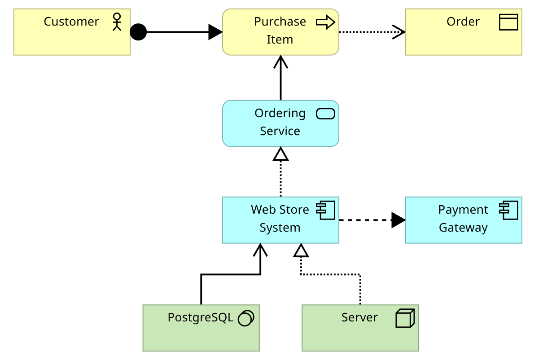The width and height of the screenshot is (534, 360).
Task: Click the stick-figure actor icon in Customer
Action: point(117,22)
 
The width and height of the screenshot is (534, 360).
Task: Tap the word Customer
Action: point(71,22)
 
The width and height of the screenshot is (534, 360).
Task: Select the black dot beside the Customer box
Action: point(138,32)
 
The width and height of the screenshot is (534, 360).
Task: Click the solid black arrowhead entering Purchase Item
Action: point(216,32)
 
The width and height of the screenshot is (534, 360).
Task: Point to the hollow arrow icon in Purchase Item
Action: point(325,22)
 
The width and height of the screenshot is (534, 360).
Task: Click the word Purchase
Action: point(280,22)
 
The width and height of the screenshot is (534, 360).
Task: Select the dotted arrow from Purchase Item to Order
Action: point(368,32)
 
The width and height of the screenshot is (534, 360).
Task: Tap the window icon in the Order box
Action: point(508,22)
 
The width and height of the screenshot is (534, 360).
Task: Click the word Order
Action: point(463,22)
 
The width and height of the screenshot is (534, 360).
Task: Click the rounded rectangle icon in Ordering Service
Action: point(325,114)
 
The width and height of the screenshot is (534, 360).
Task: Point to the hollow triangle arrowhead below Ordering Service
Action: point(281,154)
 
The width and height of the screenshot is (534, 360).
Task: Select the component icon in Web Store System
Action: point(325,210)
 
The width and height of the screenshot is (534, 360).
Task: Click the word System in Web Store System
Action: point(280,228)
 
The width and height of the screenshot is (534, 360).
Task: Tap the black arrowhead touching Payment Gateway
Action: point(398,220)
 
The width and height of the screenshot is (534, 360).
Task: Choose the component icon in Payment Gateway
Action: point(508,210)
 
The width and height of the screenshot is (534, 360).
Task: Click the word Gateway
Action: point(463,228)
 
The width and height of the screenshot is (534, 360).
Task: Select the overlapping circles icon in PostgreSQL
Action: point(245,318)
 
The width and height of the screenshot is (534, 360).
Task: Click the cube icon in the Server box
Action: point(405,318)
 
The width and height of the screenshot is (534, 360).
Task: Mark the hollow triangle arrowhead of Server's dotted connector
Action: point(301,250)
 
